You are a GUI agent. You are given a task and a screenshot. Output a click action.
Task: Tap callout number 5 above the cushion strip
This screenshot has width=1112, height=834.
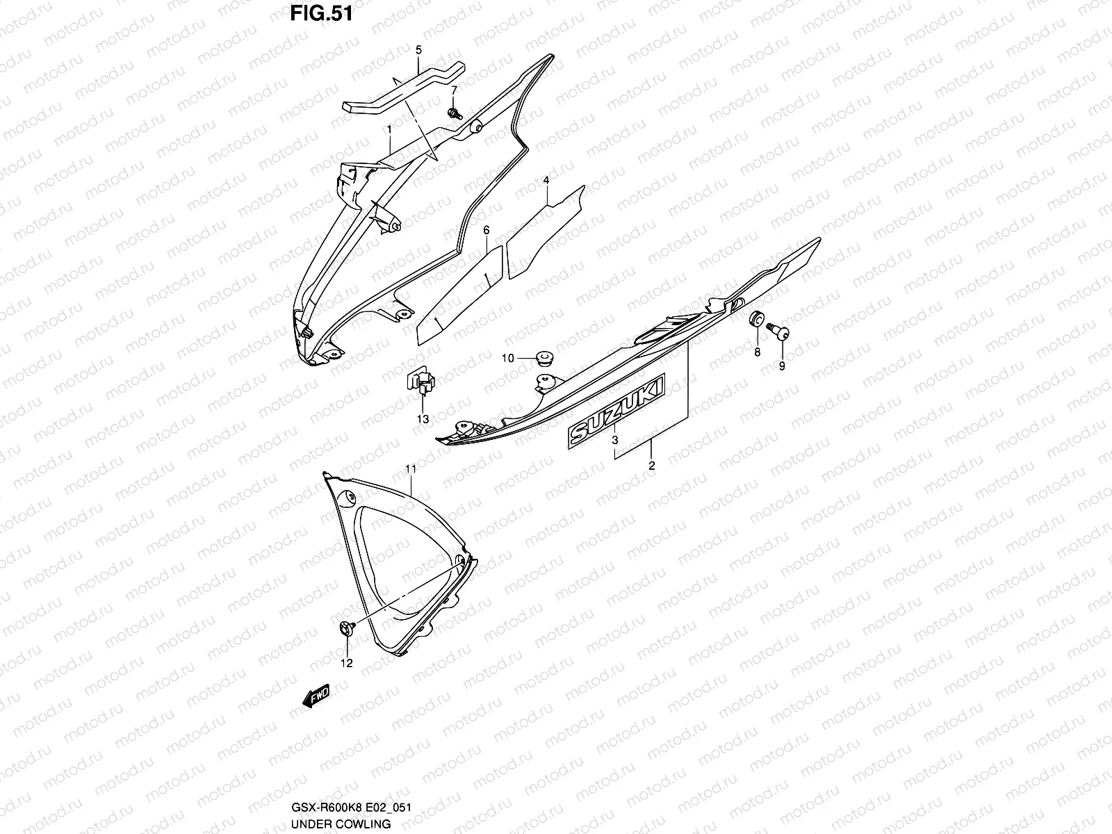tap(418, 50)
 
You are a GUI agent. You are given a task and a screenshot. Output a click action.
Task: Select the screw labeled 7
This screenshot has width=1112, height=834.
tap(455, 113)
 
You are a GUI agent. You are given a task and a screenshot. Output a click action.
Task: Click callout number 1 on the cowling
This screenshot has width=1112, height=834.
tap(389, 129)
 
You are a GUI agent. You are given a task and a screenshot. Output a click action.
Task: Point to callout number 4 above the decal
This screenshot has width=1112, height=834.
tap(546, 181)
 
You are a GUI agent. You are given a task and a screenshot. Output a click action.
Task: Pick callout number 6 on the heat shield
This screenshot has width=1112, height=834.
tap(486, 230)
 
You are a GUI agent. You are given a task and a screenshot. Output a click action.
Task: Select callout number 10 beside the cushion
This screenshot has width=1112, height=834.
tap(508, 358)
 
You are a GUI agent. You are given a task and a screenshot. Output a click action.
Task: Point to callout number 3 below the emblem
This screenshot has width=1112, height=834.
tap(614, 441)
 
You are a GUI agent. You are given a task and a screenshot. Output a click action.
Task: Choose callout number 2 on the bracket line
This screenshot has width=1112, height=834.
tap(651, 466)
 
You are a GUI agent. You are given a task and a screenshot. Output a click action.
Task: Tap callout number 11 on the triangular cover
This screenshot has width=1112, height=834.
tap(410, 471)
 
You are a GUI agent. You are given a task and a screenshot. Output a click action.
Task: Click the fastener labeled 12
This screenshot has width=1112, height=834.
tap(347, 628)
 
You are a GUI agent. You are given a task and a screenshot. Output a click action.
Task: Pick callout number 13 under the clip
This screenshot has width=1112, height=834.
tap(423, 419)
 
